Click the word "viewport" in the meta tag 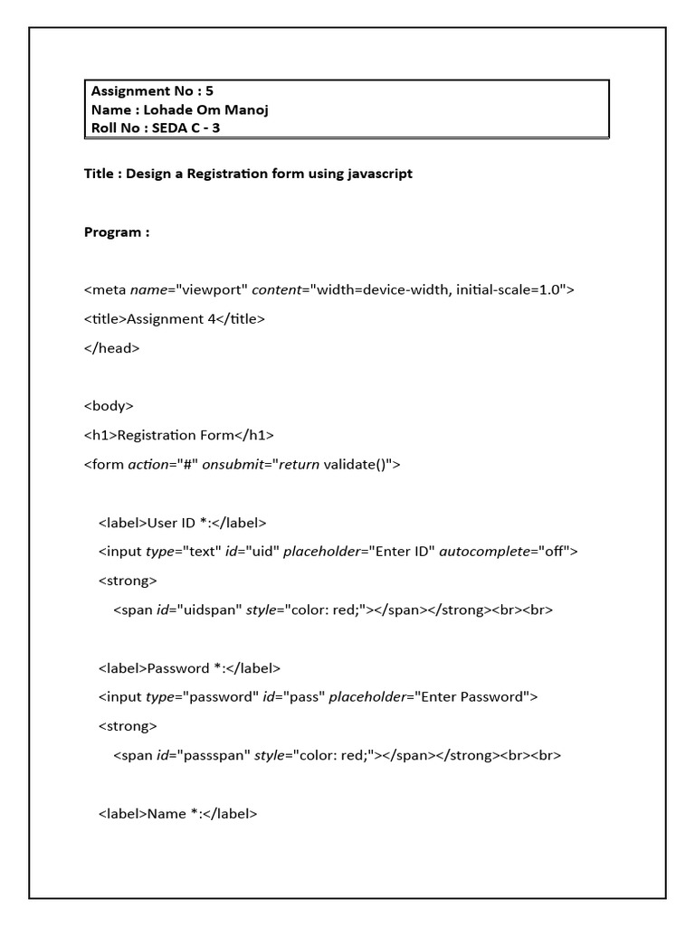click(211, 290)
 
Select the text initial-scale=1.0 click(511, 290)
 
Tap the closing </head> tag click(112, 347)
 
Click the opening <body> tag click(109, 406)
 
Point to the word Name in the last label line click(166, 814)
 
